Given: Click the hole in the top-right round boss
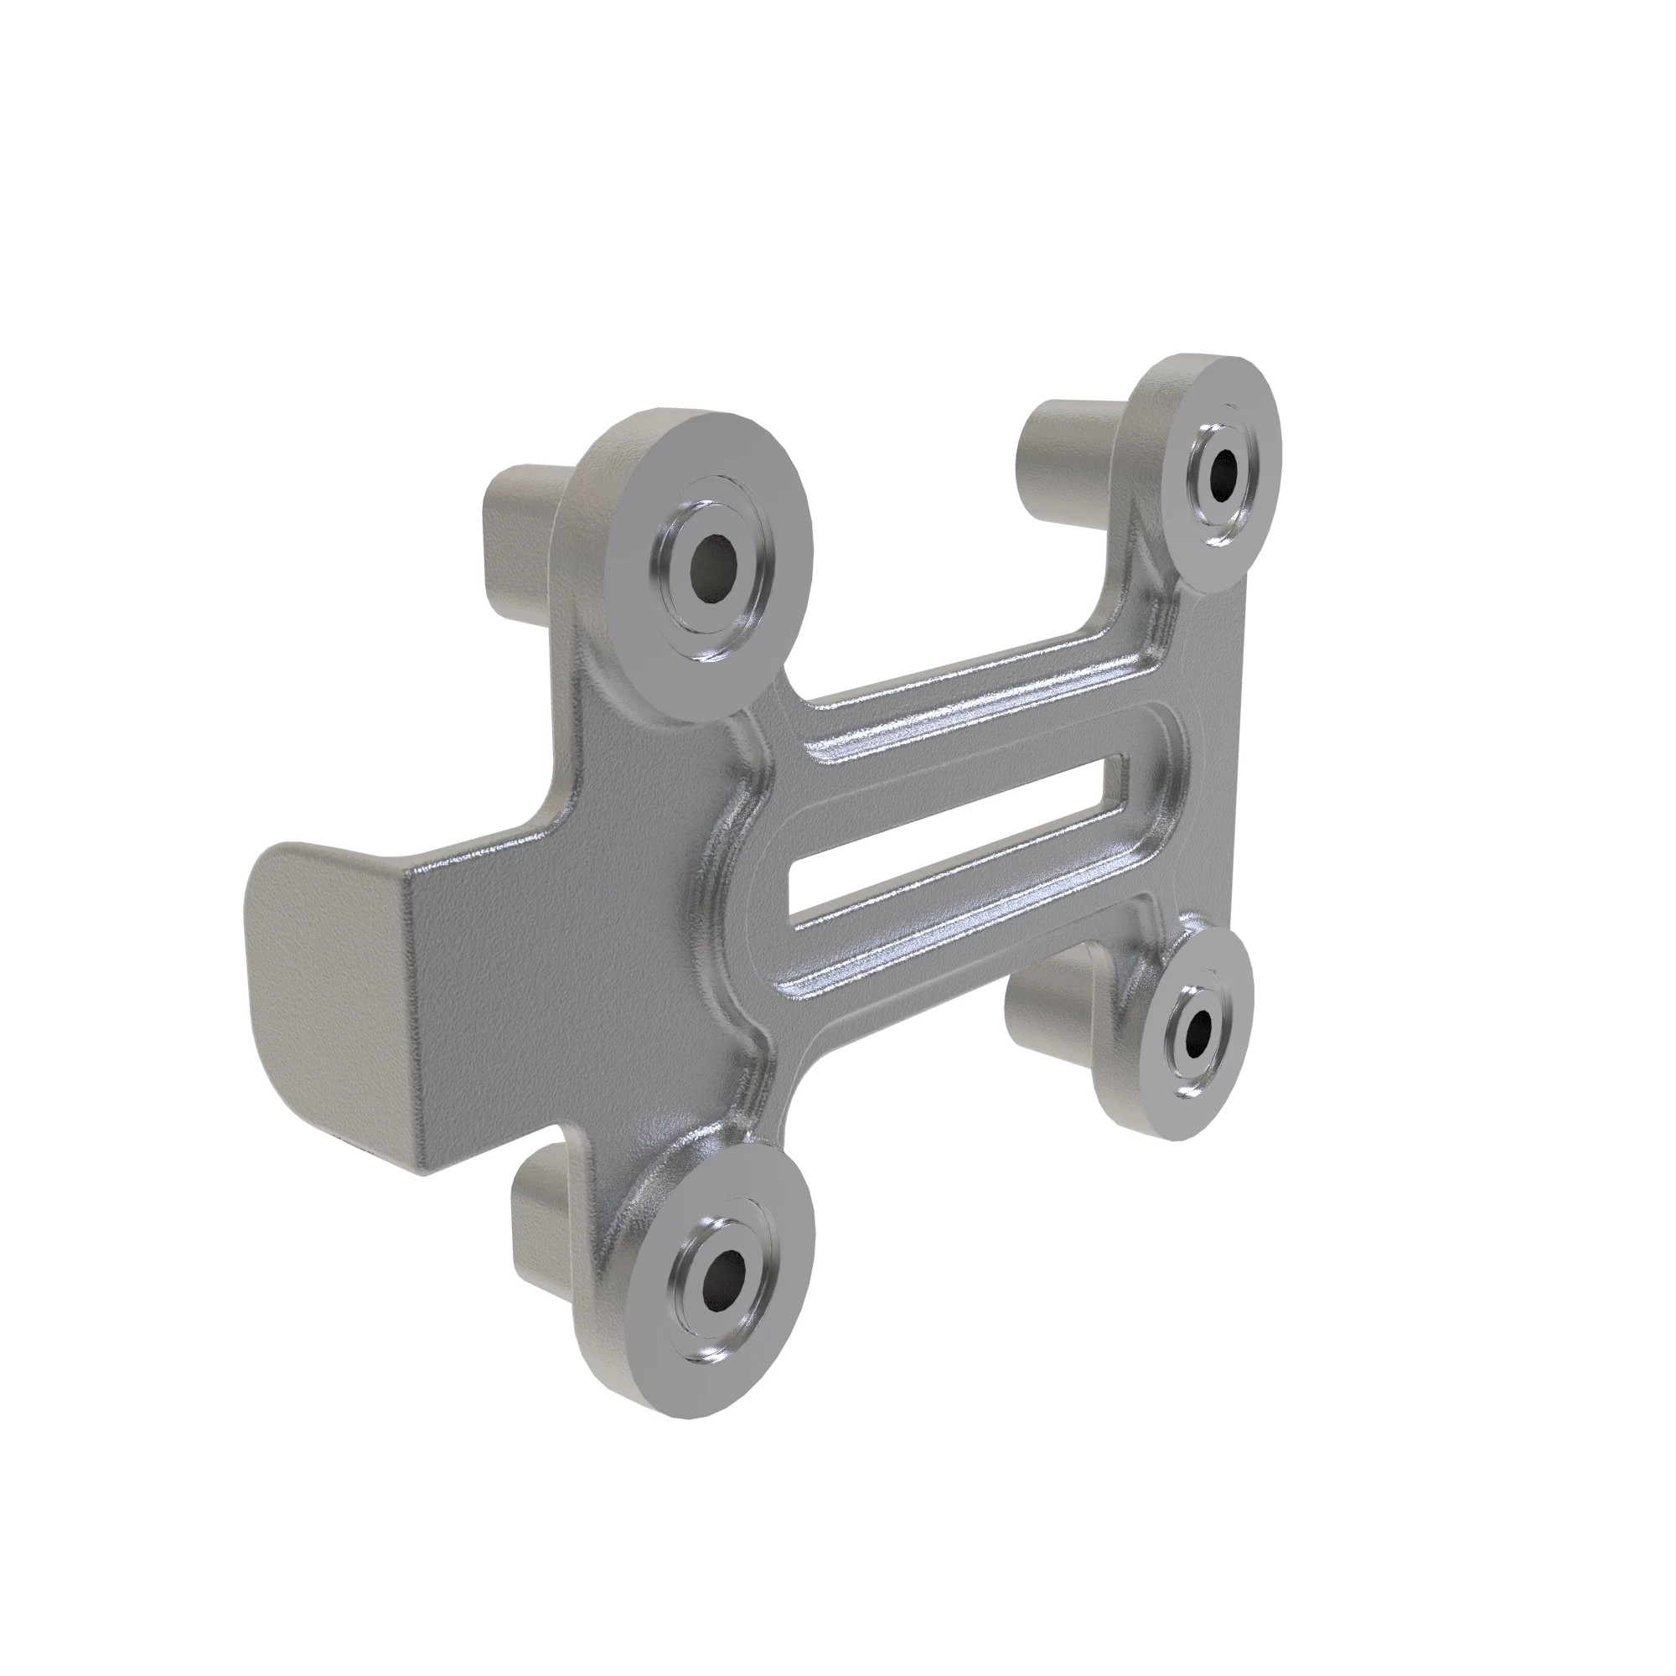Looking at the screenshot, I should pos(1223,473).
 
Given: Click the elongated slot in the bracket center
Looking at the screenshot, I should pos(954,840).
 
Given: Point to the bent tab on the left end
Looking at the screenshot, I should pos(329,971).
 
